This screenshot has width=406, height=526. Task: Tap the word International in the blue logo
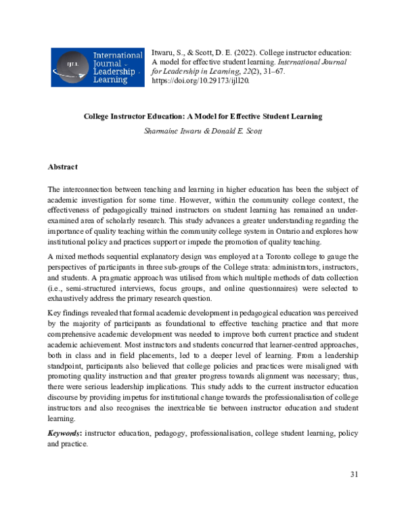point(117,55)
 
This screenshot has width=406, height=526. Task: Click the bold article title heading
point(202,117)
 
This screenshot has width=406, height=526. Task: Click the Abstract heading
point(62,167)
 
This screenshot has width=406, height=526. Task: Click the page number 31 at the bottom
point(353,474)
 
